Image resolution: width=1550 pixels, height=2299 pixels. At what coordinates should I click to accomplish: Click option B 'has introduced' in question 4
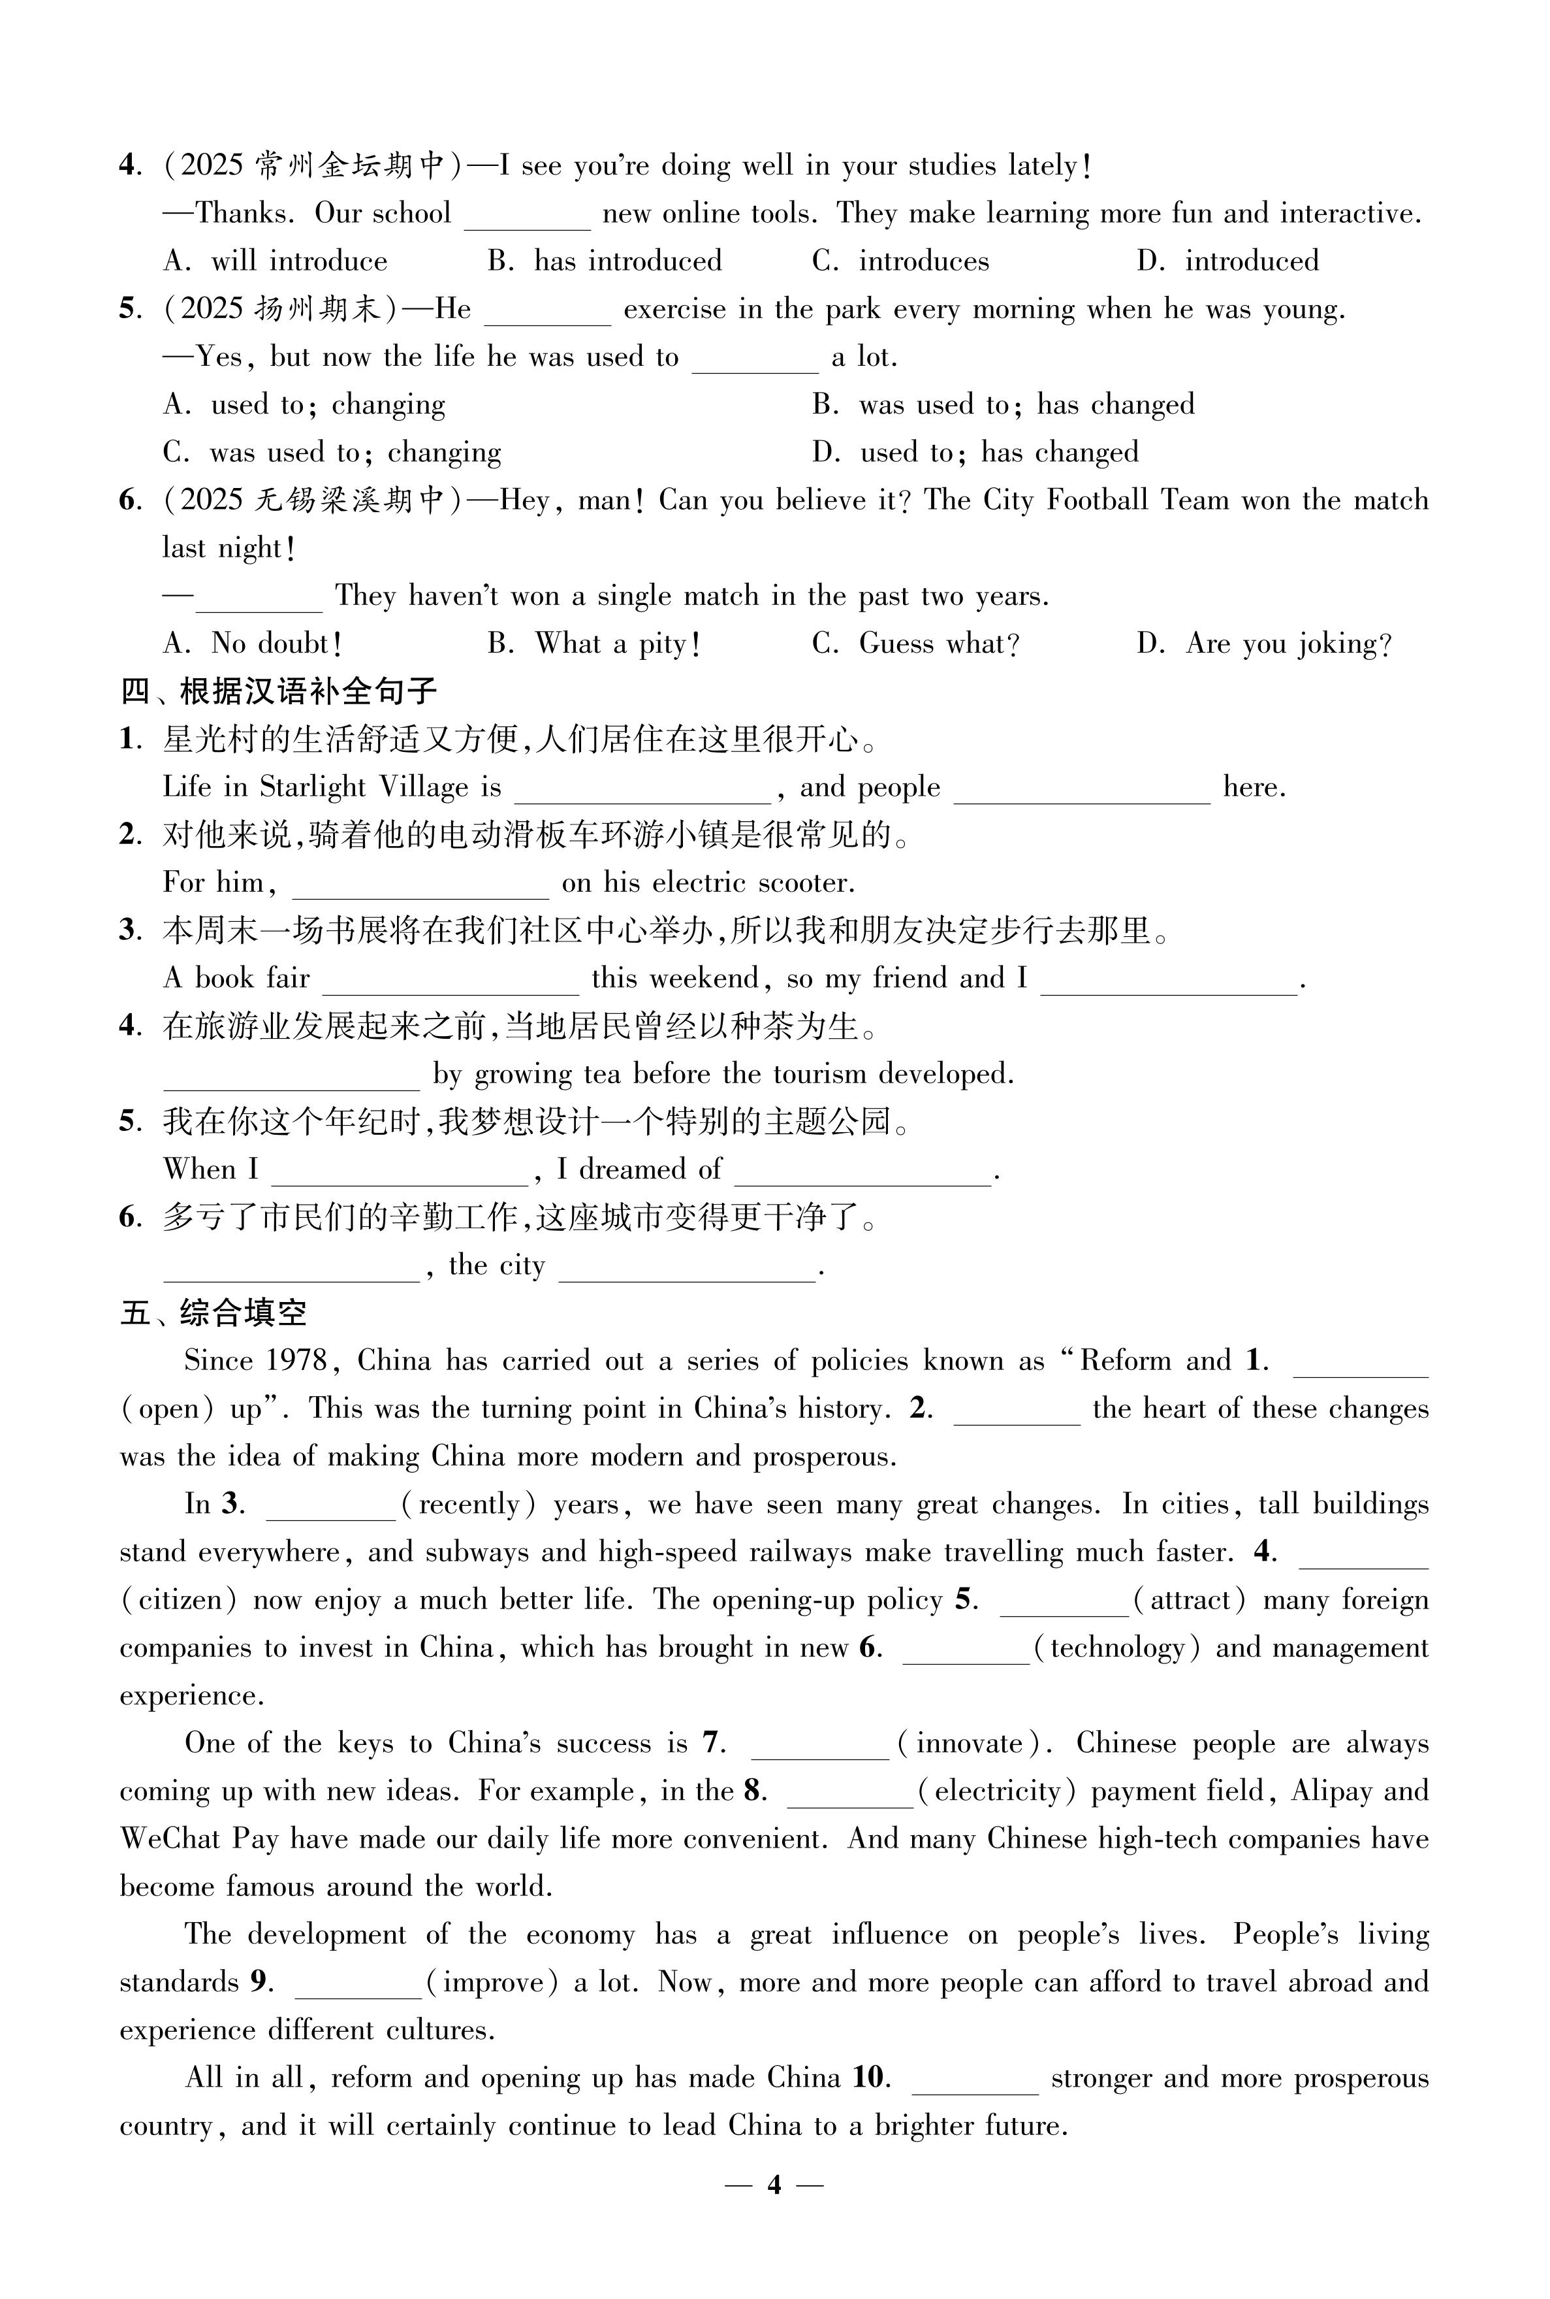605,261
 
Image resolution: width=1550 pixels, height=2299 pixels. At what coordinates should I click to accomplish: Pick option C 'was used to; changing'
332,453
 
